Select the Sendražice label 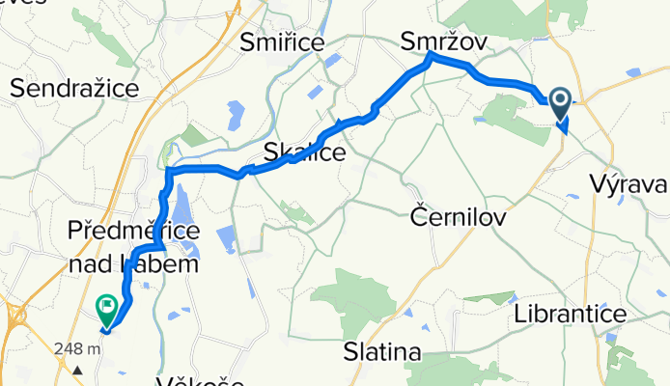(74, 89)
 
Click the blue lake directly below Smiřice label (331, 64)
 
